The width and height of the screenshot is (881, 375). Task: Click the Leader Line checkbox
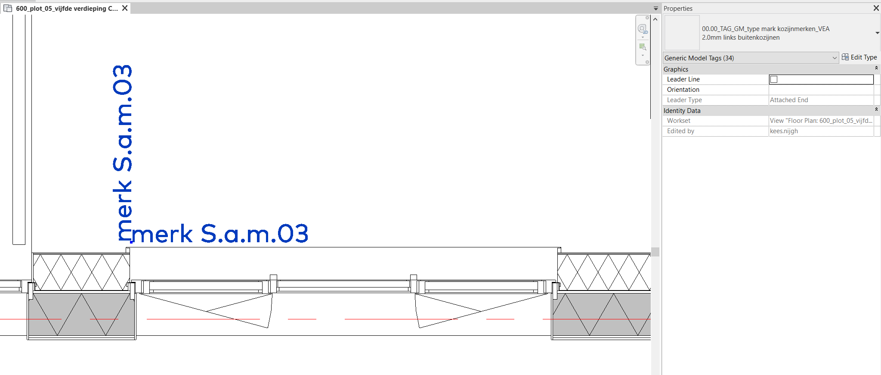click(774, 79)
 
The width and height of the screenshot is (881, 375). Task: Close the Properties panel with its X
click(876, 8)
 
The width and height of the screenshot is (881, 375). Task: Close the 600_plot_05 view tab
click(125, 8)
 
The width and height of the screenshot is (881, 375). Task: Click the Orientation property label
click(683, 90)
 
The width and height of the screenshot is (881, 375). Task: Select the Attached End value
click(789, 100)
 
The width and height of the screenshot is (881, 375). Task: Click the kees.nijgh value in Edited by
click(784, 131)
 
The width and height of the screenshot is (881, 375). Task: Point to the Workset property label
click(679, 121)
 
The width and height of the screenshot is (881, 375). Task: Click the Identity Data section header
click(682, 111)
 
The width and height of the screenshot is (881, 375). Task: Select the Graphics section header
click(676, 69)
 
